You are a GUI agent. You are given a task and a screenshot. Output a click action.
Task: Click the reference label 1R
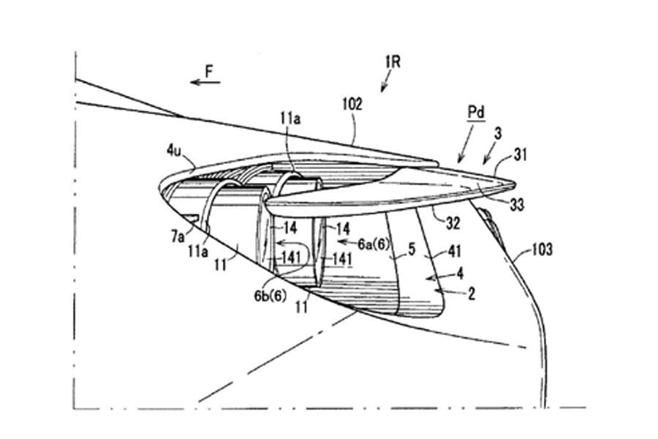pyautogui.click(x=393, y=63)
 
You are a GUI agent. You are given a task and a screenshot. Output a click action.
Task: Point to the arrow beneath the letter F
pyautogui.click(x=205, y=83)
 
